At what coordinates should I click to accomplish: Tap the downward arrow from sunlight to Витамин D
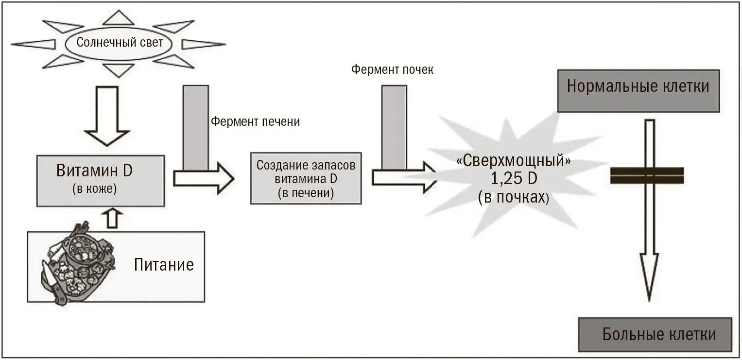[106, 117]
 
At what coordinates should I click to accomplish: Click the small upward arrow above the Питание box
[112, 219]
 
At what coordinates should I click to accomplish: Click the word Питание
[164, 265]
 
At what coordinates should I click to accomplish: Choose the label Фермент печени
[255, 121]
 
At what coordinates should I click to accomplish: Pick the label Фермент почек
[392, 69]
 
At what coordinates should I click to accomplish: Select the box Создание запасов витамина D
[306, 178]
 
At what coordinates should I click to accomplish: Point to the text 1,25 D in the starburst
[514, 179]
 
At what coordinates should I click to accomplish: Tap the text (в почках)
[514, 197]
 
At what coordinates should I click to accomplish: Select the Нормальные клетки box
[638, 87]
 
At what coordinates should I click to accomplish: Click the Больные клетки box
[655, 334]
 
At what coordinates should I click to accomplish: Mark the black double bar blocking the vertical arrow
[647, 175]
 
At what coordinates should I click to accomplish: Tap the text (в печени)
[306, 193]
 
